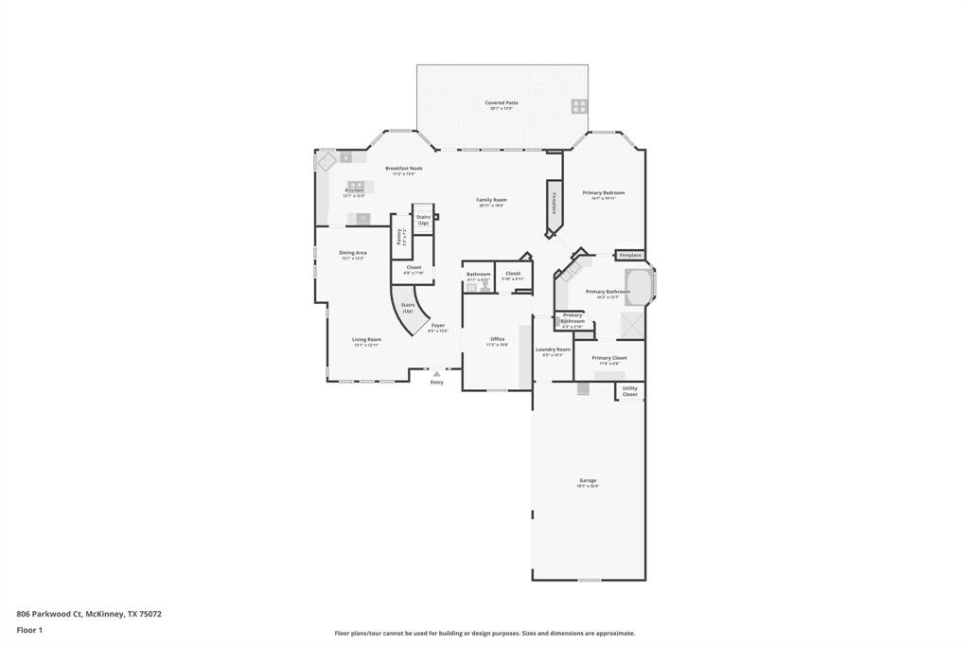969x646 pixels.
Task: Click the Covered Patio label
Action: (502, 103)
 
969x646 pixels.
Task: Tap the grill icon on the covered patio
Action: (578, 106)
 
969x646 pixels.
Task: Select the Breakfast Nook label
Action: (403, 169)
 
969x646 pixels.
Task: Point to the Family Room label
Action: (491, 200)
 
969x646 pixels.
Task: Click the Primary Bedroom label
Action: (603, 193)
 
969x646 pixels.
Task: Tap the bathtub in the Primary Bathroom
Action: (639, 287)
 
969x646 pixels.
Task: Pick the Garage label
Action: (588, 480)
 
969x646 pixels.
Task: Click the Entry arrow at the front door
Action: (436, 374)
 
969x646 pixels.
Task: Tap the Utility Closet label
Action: (629, 391)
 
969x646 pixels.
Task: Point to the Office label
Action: (497, 339)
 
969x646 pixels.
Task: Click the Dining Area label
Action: (353, 253)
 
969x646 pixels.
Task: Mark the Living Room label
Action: (366, 340)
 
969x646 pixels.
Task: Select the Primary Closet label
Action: (608, 358)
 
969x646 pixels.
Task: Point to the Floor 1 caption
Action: (29, 630)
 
